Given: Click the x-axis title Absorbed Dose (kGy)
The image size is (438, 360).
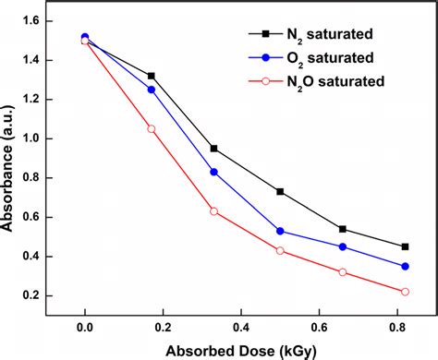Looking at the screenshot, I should click(x=242, y=351).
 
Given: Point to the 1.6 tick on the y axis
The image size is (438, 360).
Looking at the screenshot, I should click(x=39, y=20).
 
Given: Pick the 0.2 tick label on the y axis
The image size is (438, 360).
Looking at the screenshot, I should click(x=39, y=295).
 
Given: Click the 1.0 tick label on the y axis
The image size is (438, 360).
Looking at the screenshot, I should click(x=39, y=138).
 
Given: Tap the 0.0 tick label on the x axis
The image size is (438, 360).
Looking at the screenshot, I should click(x=85, y=327).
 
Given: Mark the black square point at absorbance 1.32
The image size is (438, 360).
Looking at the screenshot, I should click(x=152, y=76).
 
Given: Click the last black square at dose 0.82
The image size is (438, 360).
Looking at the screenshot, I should click(x=404, y=246).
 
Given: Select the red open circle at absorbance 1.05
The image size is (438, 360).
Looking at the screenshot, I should click(x=152, y=128).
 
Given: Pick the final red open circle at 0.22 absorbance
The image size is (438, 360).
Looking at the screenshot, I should click(x=404, y=292).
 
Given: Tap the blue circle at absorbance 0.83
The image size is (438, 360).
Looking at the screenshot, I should click(x=213, y=172).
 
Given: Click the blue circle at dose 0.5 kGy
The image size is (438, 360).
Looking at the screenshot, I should click(x=280, y=231).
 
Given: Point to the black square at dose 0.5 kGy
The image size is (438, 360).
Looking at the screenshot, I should click(x=280, y=191).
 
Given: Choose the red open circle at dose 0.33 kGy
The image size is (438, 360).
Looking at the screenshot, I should click(x=213, y=211).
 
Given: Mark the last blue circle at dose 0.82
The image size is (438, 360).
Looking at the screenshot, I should click(x=404, y=266).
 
